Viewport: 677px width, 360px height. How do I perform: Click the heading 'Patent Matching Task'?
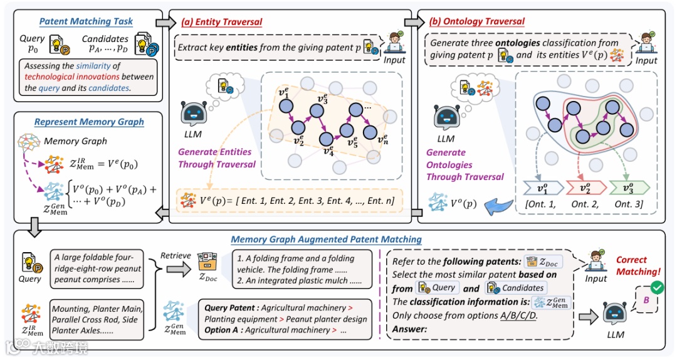(86, 21)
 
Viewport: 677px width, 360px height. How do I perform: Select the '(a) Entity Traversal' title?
(222, 22)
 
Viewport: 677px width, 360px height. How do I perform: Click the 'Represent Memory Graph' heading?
(89, 122)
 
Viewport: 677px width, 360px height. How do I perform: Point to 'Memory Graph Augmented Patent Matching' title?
(326, 240)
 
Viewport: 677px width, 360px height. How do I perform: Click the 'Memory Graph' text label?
(75, 141)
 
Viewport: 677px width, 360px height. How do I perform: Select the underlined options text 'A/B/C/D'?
(519, 315)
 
